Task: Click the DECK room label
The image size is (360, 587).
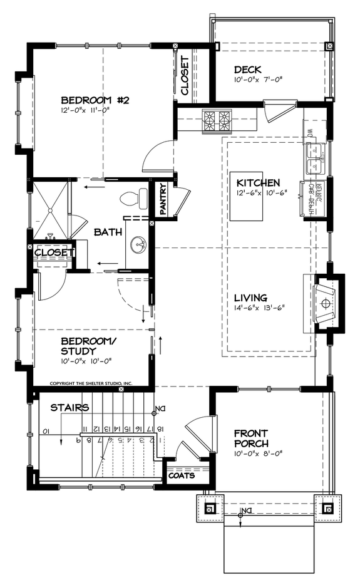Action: (247, 70)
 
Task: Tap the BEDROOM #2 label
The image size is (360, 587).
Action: (95, 100)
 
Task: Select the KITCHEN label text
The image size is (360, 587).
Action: (258, 183)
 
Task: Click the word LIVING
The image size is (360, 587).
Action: (251, 298)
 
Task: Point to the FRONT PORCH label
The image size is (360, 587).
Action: (251, 438)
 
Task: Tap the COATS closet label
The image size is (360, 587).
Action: (181, 475)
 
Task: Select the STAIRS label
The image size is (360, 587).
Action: (69, 408)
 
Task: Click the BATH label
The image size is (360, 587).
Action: (108, 232)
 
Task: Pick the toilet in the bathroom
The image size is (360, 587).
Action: (130, 198)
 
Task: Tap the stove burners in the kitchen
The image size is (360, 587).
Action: (217, 120)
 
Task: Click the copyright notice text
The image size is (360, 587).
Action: (91, 382)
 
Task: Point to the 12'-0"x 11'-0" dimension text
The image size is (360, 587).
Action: (85, 111)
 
